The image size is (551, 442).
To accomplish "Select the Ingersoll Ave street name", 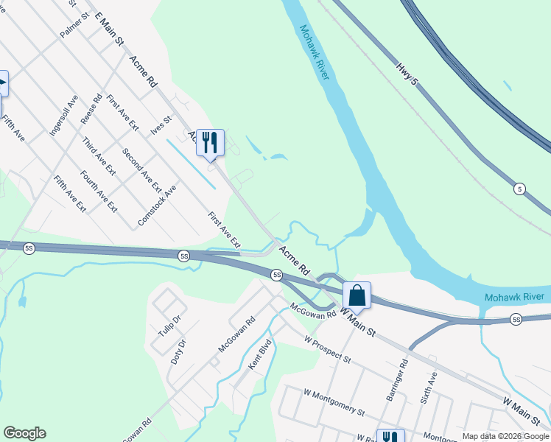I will tap(63, 115).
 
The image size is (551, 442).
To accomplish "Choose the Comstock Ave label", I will tap(157, 205).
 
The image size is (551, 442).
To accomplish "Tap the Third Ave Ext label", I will tap(99, 155).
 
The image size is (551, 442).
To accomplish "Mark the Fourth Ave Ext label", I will tap(99, 192).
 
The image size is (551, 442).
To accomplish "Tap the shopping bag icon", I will tap(357, 296).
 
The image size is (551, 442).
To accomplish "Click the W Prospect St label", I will tap(337, 348).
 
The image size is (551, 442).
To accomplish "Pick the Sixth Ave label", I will tap(428, 387).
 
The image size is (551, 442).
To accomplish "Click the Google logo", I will tap(24, 433).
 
